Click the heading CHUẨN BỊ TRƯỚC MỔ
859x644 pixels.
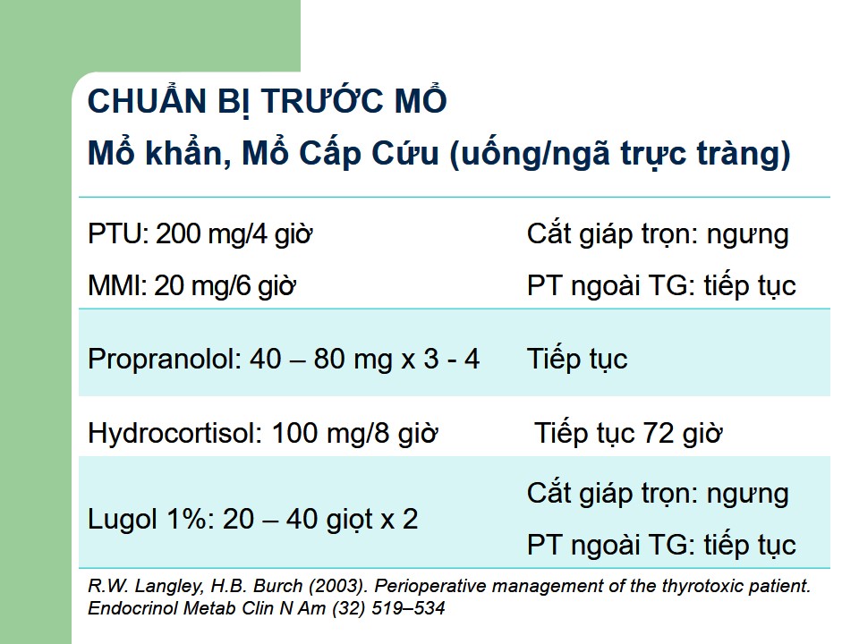(x=268, y=101)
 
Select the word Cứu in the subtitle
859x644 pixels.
(x=405, y=152)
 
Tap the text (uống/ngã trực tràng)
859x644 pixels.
(x=620, y=155)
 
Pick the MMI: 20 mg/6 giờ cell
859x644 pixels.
(x=191, y=286)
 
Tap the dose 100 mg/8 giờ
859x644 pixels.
(x=355, y=433)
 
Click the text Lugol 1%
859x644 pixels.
(x=150, y=519)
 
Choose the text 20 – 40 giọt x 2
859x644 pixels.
(x=320, y=519)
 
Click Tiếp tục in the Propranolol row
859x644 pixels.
(x=577, y=360)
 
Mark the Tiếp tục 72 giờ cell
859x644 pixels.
(x=628, y=433)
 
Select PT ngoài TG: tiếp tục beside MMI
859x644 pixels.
(x=661, y=286)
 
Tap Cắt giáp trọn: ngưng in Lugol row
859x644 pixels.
(x=658, y=494)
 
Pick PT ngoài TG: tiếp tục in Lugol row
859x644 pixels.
(x=661, y=546)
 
